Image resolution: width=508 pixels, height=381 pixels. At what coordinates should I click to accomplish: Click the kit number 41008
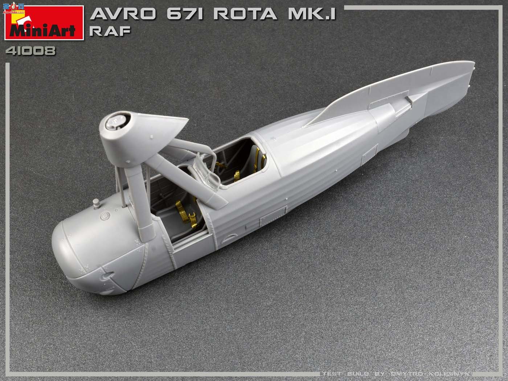click(x=30, y=51)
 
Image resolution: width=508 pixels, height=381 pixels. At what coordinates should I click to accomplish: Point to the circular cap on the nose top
click(x=106, y=216)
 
